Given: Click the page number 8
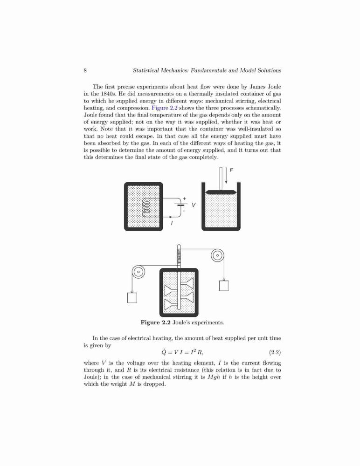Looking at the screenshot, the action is pos(85,70).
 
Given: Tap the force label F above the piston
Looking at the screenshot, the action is pos(231,170).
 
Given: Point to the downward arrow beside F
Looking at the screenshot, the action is pos(226,175).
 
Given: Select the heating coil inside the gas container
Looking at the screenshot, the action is pos(146,207).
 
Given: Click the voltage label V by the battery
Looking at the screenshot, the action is pos(194,205).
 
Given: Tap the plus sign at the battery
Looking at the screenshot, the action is pos(185,198).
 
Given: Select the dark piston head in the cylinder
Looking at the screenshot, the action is pos(221,192).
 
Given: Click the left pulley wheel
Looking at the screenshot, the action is pos(138,271).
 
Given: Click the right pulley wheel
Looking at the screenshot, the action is pos(217,255).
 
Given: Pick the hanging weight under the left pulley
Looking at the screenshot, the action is pos(132,297).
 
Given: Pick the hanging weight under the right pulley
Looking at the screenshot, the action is pos(224,286).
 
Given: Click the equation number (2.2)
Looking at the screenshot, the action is pos(275,352).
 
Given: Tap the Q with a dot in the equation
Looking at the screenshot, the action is pos(164,352).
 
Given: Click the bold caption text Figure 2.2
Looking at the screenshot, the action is pos(156,322).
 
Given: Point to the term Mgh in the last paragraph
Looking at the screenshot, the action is pos(214,377).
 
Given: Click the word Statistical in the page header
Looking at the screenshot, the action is pos(146,70).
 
